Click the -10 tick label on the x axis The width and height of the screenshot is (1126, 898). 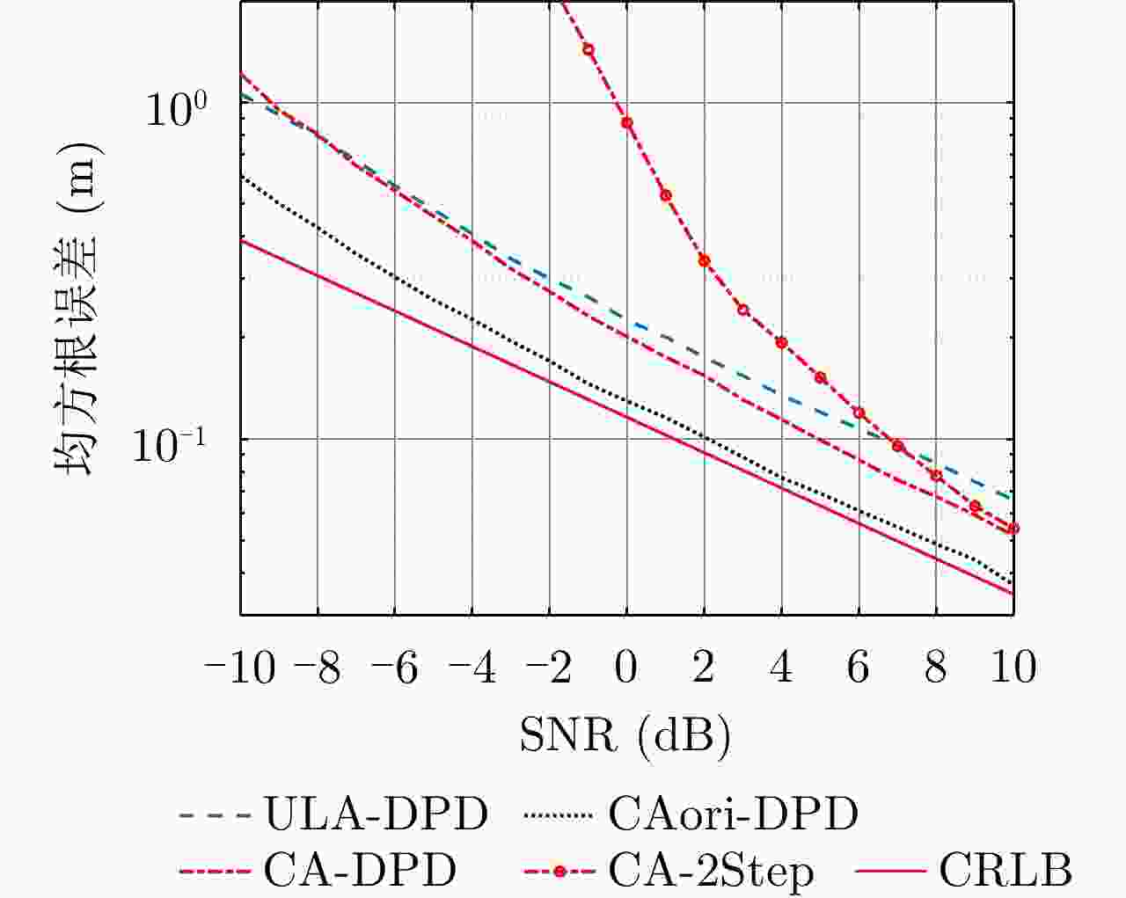tap(240, 668)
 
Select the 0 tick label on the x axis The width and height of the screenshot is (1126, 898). tap(626, 668)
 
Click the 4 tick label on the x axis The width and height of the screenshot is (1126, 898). tap(781, 668)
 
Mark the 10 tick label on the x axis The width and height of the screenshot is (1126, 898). tap(1013, 668)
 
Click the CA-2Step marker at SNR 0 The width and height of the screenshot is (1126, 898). tap(627, 122)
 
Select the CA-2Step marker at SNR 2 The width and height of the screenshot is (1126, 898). tap(704, 260)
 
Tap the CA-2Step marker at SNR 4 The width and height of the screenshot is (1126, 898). tap(781, 342)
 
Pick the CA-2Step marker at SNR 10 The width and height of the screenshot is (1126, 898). tap(1013, 529)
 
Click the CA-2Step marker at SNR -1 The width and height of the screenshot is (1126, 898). tap(589, 49)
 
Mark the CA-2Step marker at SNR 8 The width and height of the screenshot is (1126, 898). tap(936, 476)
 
